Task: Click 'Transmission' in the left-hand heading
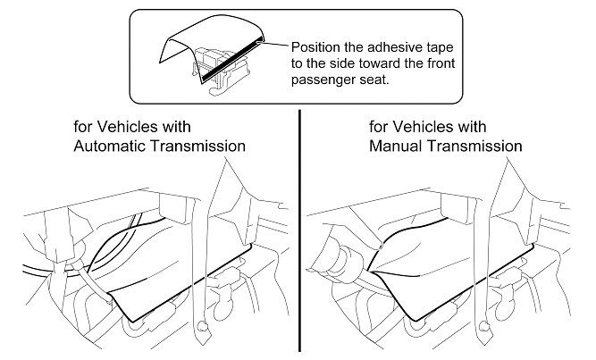point(197,144)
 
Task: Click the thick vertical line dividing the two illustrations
point(298,232)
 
